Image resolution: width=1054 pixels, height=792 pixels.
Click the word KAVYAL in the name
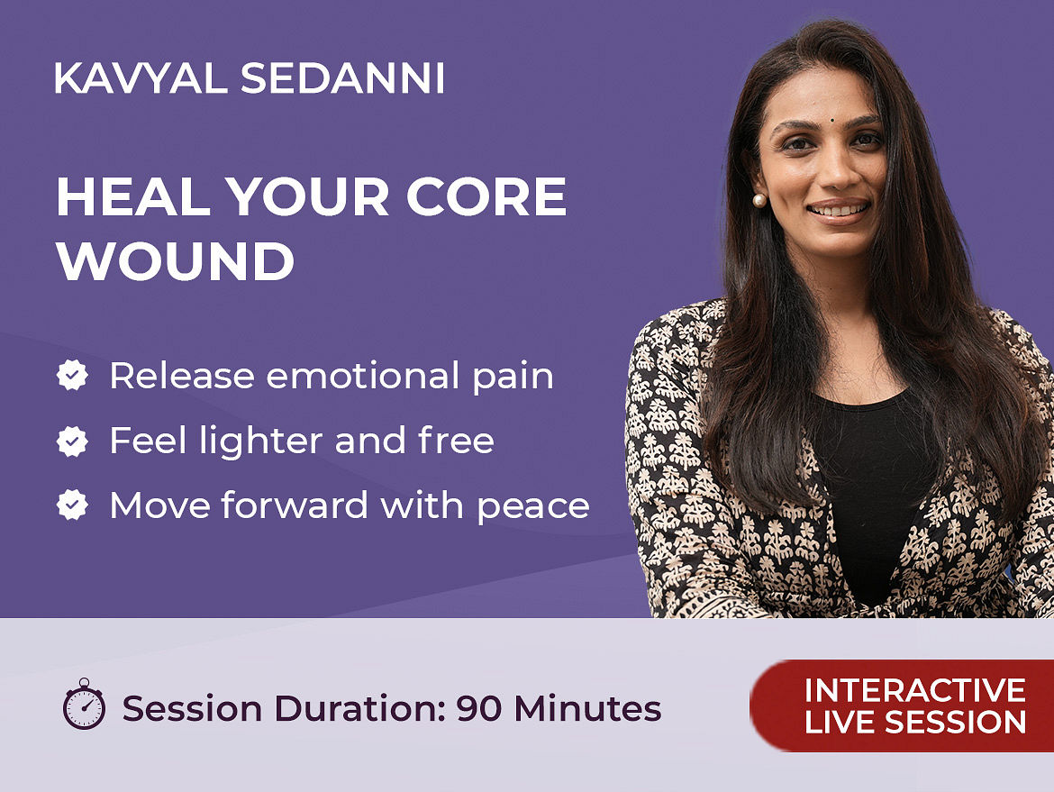point(141,78)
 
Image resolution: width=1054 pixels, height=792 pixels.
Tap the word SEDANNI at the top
point(343,78)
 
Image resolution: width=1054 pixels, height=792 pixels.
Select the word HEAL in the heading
point(133,196)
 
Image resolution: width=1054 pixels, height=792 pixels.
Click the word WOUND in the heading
point(176,261)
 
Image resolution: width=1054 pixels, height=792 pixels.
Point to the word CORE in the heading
point(486,196)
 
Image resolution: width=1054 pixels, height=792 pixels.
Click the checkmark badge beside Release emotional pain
point(72,375)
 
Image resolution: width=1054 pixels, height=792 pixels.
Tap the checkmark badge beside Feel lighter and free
point(72,441)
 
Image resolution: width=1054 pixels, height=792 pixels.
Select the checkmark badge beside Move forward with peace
point(72,505)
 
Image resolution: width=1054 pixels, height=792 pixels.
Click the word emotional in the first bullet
point(363,375)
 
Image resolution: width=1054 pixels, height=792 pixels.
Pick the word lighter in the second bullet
point(261,441)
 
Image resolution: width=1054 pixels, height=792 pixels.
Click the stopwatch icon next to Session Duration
point(84,704)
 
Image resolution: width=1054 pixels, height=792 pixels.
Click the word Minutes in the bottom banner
point(587,708)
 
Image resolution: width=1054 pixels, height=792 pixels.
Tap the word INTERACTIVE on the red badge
point(915,690)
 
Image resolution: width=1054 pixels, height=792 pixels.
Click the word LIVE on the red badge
point(840,722)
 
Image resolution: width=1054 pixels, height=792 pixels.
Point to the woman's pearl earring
point(759,200)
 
